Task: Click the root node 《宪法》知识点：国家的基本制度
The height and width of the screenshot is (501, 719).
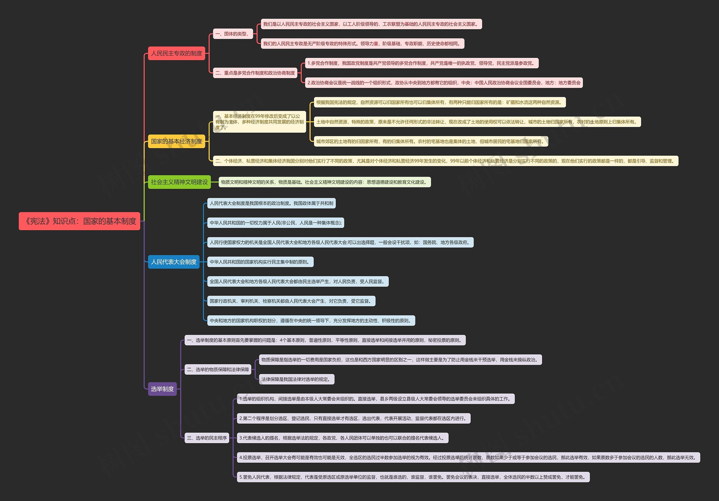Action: pyautogui.click(x=79, y=221)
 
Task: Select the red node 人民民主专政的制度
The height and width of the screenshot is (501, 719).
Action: pyautogui.click(x=176, y=53)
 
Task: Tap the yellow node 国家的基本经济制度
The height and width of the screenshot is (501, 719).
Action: pyautogui.click(x=176, y=141)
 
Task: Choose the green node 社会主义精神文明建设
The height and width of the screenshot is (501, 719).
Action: pyautogui.click(x=179, y=182)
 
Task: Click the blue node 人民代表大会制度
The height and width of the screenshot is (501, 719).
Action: pyautogui.click(x=174, y=262)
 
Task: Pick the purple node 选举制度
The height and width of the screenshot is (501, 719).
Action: pyautogui.click(x=162, y=389)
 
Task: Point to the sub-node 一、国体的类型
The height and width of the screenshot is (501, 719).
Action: pyautogui.click(x=233, y=34)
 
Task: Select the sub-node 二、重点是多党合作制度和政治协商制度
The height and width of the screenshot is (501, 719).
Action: pyautogui.click(x=255, y=73)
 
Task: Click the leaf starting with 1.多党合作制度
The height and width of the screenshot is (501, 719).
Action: pyautogui.click(x=422, y=63)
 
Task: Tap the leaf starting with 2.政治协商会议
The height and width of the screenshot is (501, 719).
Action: pyautogui.click(x=444, y=83)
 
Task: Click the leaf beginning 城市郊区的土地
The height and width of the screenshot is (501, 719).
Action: pyautogui.click(x=431, y=142)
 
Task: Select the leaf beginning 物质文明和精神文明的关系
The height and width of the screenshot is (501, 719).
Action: pyautogui.click(x=324, y=182)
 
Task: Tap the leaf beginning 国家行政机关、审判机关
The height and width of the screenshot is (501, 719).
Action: pyautogui.click(x=291, y=301)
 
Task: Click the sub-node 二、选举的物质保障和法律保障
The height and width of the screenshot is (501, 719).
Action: pyautogui.click(x=218, y=370)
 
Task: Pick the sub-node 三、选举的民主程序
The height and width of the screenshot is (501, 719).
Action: pyautogui.click(x=207, y=438)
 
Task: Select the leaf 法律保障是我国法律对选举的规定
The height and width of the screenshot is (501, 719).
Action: pyautogui.click(x=297, y=379)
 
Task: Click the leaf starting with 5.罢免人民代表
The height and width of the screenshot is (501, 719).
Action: pyautogui.click(x=413, y=477)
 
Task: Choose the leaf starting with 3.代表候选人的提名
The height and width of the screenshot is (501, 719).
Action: pyautogui.click(x=343, y=438)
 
